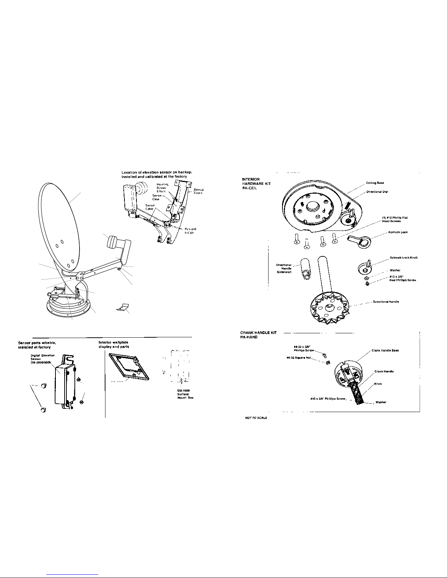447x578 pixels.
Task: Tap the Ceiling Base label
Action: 375,183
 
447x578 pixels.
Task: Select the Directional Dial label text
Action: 377,191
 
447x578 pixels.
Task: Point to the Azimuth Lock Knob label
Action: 404,257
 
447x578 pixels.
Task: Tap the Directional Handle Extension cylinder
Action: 305,269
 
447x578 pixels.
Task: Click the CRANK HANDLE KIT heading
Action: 258,335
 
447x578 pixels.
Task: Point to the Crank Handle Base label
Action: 385,350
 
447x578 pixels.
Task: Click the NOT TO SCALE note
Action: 255,418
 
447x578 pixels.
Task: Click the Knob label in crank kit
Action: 378,384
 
